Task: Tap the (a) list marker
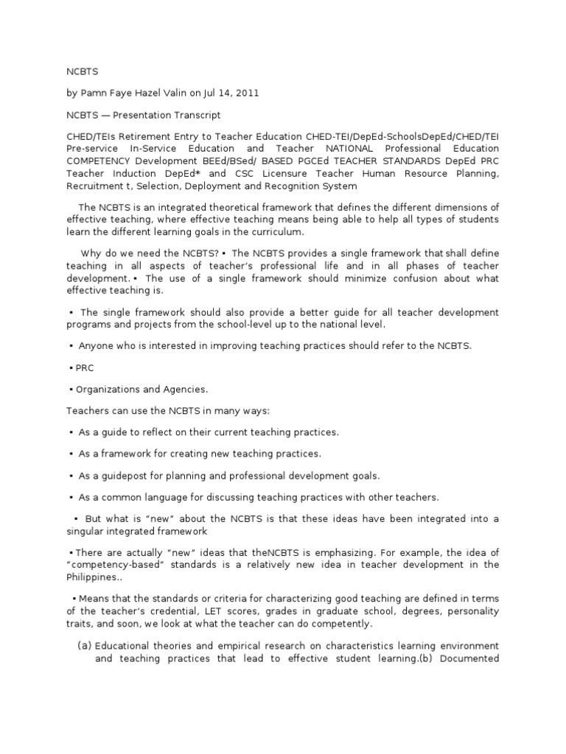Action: pos(84,646)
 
